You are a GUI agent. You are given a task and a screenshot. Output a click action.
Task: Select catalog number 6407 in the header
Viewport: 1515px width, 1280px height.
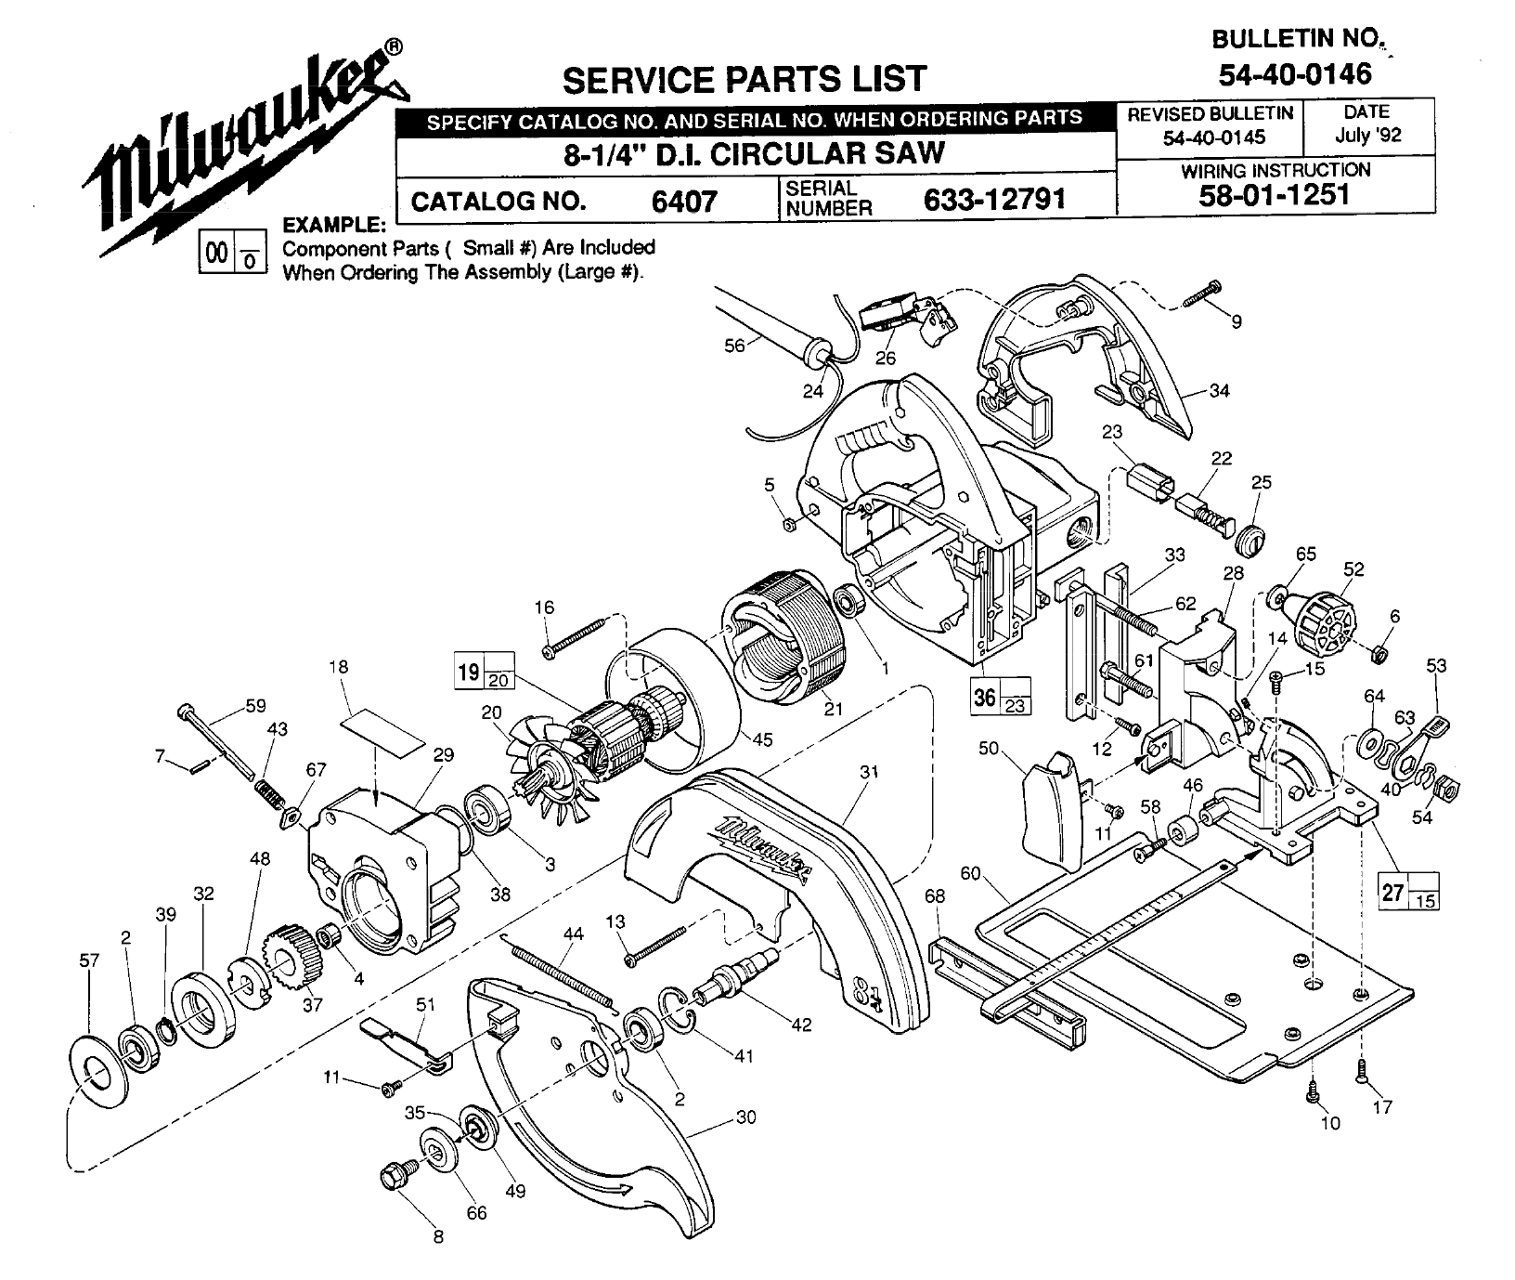click(x=685, y=201)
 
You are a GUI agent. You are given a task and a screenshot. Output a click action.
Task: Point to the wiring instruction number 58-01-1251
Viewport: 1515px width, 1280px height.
click(x=1275, y=194)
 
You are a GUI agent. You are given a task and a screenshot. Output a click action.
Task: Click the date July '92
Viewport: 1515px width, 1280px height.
click(x=1367, y=135)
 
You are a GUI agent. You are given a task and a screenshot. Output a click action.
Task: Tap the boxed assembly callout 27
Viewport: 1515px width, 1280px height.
click(x=1392, y=893)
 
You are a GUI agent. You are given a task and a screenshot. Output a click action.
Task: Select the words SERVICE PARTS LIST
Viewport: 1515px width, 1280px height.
click(x=745, y=78)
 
